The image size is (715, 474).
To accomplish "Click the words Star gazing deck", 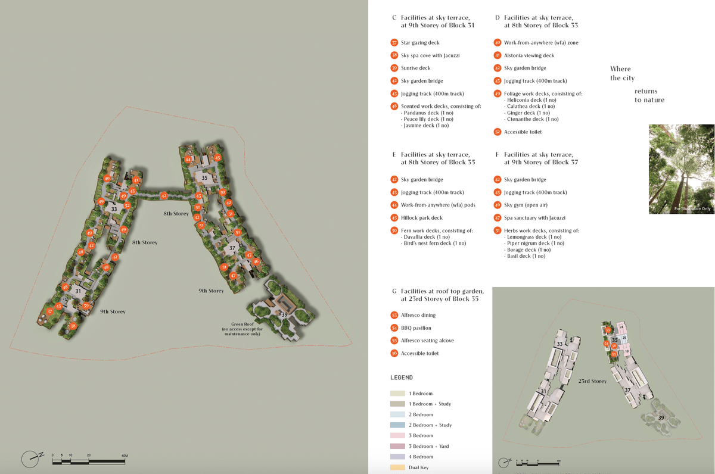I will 420,43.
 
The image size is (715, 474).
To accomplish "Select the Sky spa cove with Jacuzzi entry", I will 430,55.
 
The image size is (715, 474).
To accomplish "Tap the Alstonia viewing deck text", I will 529,55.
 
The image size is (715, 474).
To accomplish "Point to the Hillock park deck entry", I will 422,218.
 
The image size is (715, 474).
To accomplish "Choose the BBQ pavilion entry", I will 416,328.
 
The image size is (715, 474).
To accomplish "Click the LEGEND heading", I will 401,378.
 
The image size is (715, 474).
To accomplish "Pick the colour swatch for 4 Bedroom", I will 397,457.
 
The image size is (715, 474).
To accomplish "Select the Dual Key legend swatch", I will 397,467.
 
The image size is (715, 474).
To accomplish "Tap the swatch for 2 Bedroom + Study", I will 397,425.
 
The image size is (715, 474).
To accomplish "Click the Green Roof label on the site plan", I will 242,325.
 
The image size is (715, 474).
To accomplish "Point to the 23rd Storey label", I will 592,381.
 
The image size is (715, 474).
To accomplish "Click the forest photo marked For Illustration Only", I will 681,169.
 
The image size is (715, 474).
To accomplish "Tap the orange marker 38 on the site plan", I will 73,326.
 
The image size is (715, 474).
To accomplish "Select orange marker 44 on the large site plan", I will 188,160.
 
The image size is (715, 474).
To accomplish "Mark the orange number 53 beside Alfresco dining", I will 394,315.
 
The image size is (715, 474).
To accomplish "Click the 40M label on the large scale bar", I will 125,456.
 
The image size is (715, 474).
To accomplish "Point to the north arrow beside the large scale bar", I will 32,458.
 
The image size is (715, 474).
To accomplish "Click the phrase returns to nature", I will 649,95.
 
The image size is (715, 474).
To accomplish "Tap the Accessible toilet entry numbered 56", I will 419,354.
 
